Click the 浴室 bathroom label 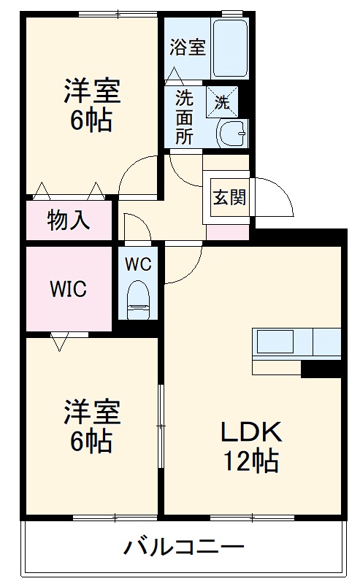coord(188,48)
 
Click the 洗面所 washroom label coord(184,118)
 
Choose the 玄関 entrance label coord(229,197)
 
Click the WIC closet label coord(68,289)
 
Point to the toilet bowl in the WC coord(137,300)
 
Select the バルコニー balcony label coord(183,547)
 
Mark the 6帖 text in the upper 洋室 coord(91,120)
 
